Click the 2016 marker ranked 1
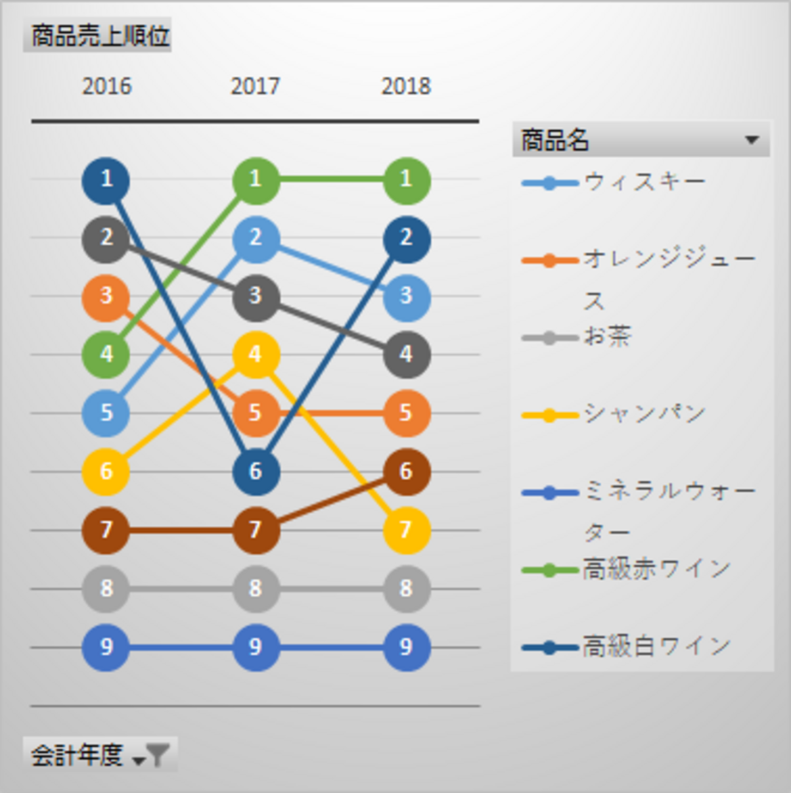(106, 180)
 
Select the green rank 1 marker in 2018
(406, 180)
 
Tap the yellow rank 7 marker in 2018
(406, 530)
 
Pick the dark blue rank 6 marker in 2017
(256, 472)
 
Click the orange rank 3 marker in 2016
(106, 296)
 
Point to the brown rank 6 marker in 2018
(406, 472)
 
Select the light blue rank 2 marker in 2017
(256, 238)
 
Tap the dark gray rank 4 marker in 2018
(406, 354)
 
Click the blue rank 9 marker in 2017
(256, 647)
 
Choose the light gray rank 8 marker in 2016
(106, 589)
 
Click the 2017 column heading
(255, 86)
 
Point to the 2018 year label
(406, 86)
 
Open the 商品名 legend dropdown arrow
(751, 140)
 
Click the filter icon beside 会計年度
(158, 755)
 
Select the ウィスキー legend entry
(644, 181)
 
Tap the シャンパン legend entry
(644, 414)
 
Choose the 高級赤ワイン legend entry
(656, 570)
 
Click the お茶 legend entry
(607, 336)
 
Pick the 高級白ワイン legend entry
(656, 646)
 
